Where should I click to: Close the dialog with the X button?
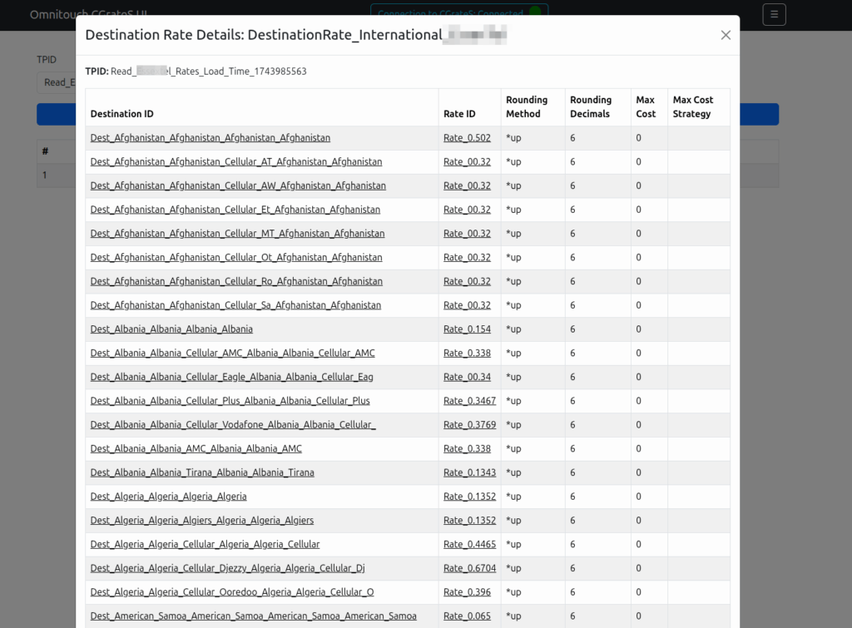[726, 35]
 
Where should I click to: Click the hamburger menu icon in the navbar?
[774, 14]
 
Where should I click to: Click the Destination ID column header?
[122, 114]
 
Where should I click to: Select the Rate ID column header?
[459, 114]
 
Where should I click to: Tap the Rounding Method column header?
[527, 106]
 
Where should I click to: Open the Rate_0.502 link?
[467, 138]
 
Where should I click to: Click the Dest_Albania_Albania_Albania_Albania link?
[171, 329]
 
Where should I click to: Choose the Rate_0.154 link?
[467, 329]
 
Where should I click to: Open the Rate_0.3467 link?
[469, 401]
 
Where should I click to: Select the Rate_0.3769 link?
[469, 425]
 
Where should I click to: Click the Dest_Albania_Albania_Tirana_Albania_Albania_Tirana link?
[202, 472]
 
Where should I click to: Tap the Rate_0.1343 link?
[469, 472]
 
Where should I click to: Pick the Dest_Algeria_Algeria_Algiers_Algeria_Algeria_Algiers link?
[202, 521]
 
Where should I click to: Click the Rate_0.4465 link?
[469, 545]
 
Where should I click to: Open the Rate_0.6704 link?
[469, 568]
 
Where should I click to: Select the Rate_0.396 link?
[467, 592]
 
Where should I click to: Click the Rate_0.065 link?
[467, 616]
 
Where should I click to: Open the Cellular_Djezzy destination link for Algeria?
[227, 568]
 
